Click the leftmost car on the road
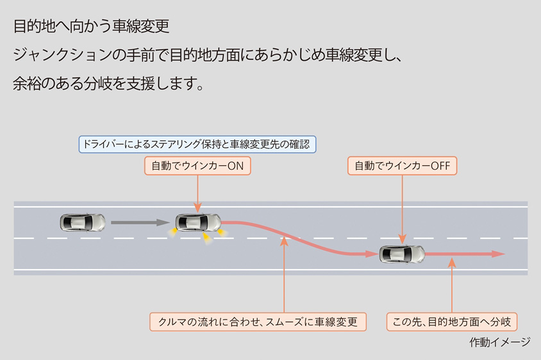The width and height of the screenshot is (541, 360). [83, 222]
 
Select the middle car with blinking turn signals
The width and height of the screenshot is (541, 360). [198, 223]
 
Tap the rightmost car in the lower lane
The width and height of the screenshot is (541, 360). [402, 254]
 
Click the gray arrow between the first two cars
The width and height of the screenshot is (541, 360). [138, 223]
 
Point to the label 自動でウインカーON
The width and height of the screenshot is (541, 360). [197, 166]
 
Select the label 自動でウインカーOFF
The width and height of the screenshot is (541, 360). [403, 166]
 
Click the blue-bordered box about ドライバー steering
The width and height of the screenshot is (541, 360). [197, 144]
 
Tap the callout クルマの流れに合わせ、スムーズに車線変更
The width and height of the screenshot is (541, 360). [258, 322]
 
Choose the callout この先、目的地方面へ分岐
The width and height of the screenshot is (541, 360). [452, 322]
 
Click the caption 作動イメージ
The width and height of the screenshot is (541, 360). [499, 342]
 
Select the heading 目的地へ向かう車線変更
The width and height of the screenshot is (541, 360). [91, 27]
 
